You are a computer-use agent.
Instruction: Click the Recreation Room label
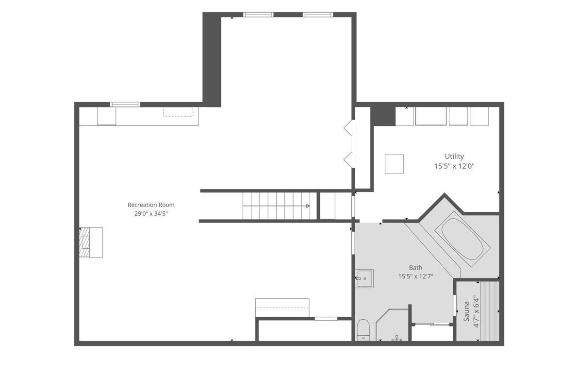151,205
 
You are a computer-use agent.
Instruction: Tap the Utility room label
454,156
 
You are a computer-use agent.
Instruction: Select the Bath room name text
415,268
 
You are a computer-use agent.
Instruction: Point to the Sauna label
466,311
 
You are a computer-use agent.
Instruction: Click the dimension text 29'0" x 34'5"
151,213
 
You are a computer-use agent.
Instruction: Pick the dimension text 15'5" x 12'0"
454,166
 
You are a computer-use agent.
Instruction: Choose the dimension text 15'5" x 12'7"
415,276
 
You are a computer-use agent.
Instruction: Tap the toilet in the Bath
363,329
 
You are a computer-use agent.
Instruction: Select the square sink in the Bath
364,278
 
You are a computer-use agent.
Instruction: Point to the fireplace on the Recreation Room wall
91,242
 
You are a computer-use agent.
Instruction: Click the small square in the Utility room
395,164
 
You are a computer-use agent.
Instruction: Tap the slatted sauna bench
490,311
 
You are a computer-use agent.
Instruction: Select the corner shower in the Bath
392,326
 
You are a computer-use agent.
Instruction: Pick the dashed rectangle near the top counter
178,112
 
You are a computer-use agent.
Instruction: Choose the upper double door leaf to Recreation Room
349,128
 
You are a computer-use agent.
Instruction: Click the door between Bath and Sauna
455,305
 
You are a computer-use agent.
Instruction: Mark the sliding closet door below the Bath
432,325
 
